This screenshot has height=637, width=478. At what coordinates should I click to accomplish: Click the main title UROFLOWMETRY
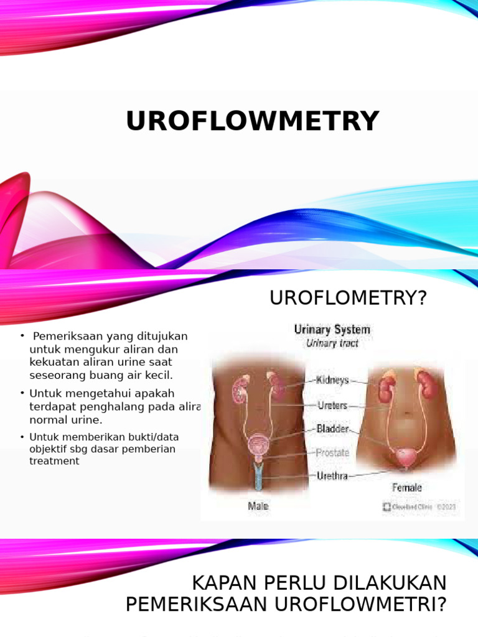[x=252, y=121]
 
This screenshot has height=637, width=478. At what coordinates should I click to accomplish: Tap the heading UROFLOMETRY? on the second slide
[x=349, y=299]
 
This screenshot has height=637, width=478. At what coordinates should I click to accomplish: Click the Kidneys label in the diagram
[x=333, y=380]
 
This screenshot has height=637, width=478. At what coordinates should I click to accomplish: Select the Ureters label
[x=332, y=406]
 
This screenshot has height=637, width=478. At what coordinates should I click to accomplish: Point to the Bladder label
[x=333, y=429]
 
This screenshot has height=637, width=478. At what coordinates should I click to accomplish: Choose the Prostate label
[x=333, y=453]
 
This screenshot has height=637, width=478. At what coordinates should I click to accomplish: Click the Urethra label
[x=333, y=477]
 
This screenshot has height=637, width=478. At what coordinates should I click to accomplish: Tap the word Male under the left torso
[x=258, y=506]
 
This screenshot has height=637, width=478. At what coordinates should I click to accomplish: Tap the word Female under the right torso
[x=406, y=488]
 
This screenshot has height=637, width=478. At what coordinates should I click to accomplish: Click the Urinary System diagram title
[x=332, y=330]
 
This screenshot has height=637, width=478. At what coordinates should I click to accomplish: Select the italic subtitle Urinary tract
[x=332, y=343]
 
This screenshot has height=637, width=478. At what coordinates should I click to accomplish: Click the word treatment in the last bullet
[x=54, y=462]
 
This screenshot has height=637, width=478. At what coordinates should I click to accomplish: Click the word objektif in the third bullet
[x=50, y=449]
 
